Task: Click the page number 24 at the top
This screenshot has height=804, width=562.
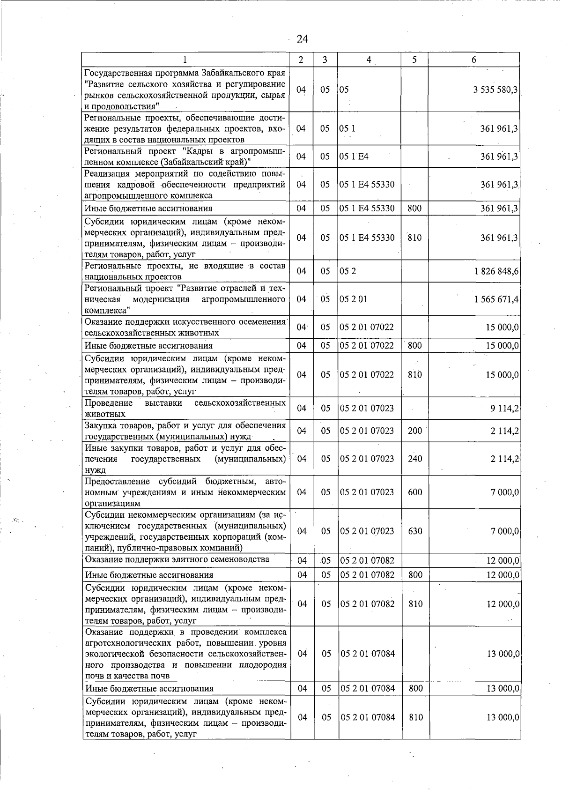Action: tap(302, 39)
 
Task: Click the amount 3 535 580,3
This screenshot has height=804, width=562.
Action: tap(495, 89)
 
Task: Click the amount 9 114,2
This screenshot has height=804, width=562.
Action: tap(504, 408)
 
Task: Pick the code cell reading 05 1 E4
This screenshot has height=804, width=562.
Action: tap(354, 156)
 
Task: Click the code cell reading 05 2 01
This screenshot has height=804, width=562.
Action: tap(353, 299)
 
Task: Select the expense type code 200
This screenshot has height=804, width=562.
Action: tap(414, 431)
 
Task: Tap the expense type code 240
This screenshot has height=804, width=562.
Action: tap(414, 459)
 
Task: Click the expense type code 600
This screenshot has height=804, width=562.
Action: tap(415, 492)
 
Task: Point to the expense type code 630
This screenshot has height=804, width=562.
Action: tap(415, 531)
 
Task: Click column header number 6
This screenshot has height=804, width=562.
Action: tap(474, 60)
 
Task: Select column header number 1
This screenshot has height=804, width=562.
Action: tap(185, 60)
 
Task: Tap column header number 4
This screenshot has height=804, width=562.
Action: tap(369, 60)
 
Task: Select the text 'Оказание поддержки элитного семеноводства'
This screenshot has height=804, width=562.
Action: tap(177, 559)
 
